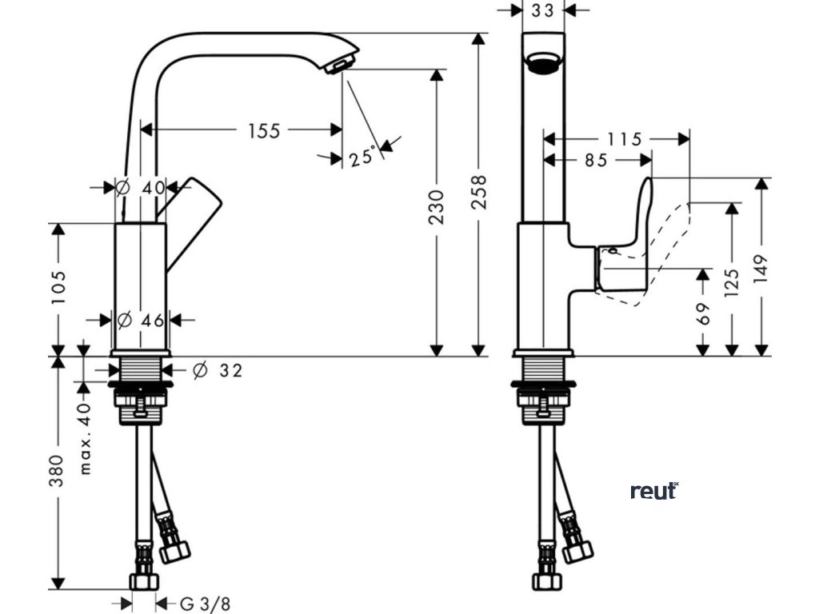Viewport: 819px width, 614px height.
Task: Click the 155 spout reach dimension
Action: tap(264, 130)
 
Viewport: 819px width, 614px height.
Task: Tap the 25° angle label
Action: tap(362, 157)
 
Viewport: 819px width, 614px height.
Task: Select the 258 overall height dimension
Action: tap(478, 192)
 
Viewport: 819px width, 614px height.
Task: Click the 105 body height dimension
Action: tap(58, 288)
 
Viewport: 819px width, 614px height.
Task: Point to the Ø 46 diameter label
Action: tap(141, 321)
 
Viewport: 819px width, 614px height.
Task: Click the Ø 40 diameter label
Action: tap(140, 188)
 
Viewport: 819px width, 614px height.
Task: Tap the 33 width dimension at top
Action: tap(542, 10)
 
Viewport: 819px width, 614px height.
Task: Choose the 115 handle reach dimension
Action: tap(624, 140)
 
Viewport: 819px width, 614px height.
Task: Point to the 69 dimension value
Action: tap(703, 313)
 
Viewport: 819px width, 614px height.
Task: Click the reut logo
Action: tap(654, 490)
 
